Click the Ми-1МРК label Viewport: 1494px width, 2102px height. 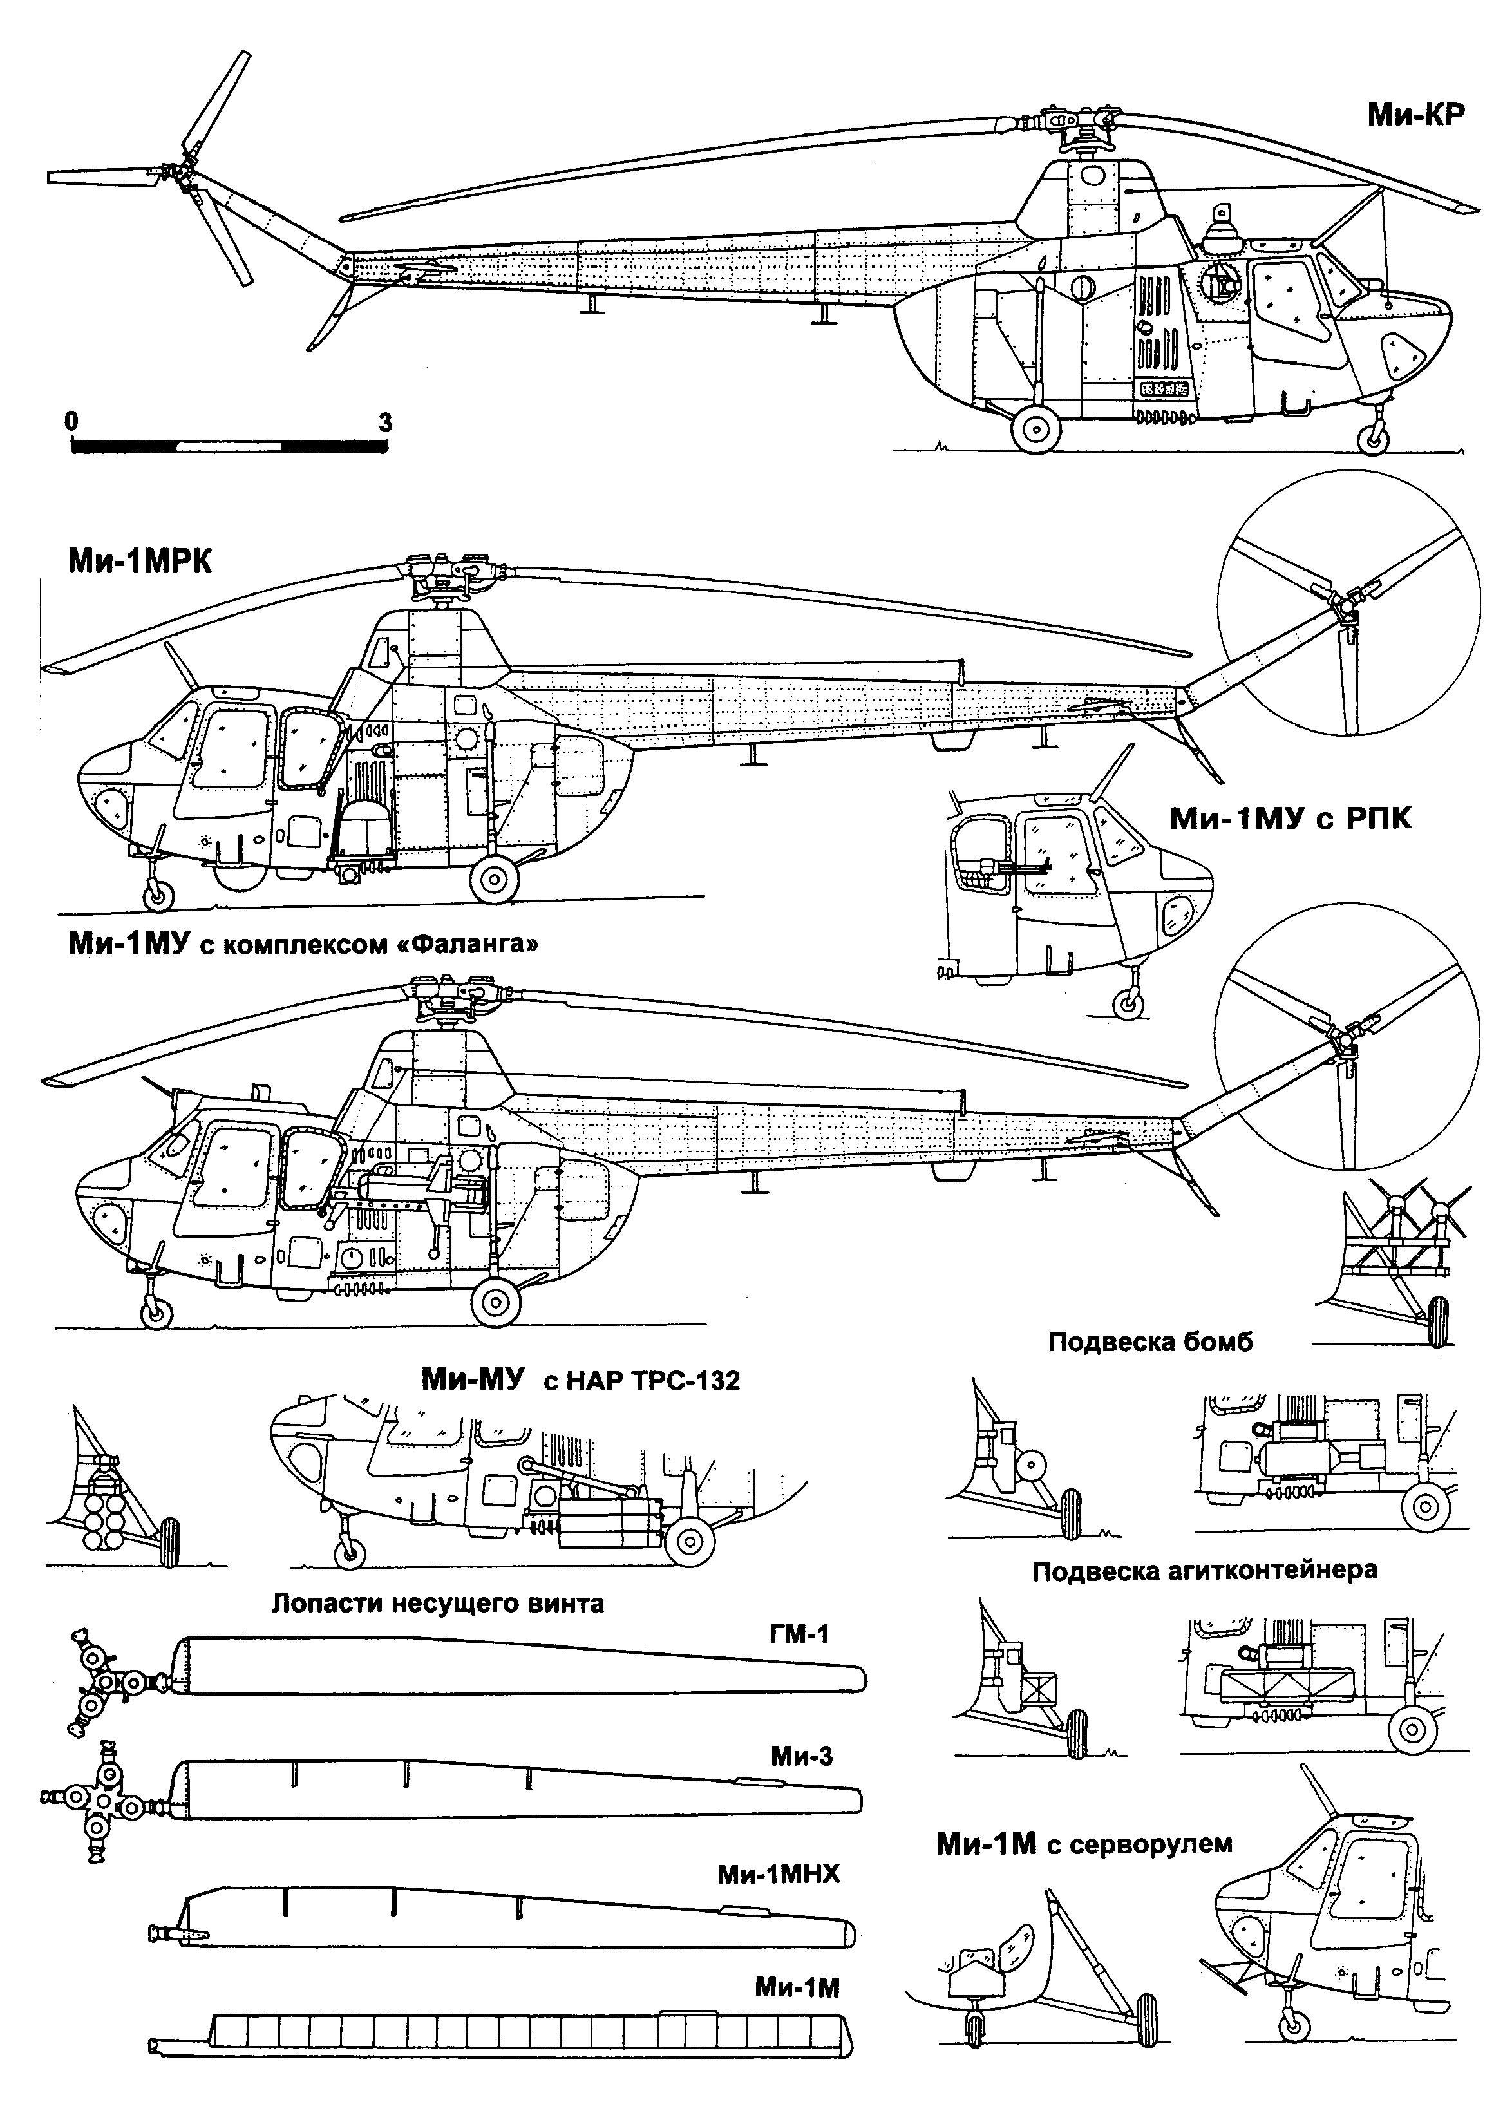139,561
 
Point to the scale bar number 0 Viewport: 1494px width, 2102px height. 71,421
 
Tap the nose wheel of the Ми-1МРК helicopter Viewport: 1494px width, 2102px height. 159,893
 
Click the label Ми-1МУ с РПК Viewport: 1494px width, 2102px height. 1290,819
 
